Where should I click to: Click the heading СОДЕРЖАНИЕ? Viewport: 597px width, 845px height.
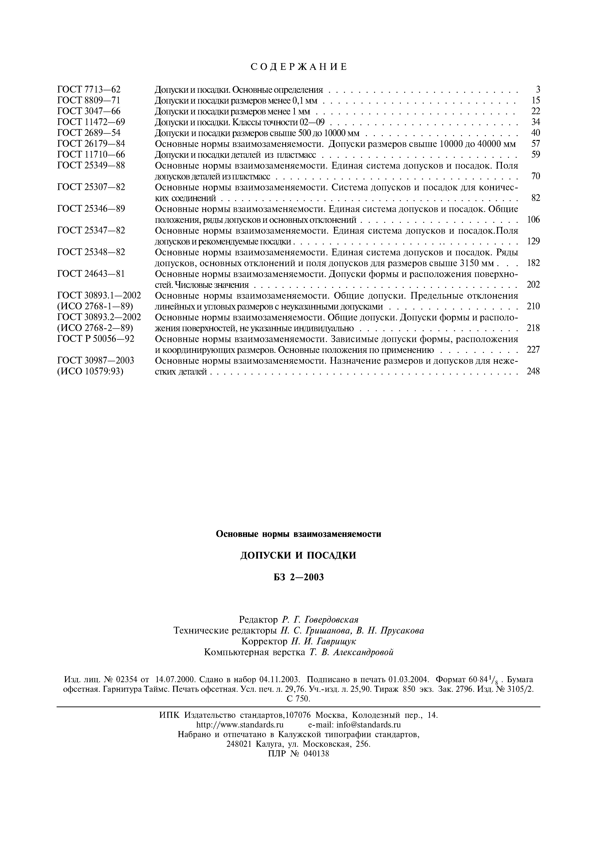(x=298, y=67)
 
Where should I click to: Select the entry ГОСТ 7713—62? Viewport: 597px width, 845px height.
(x=89, y=89)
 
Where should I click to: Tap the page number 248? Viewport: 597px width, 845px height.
(x=533, y=371)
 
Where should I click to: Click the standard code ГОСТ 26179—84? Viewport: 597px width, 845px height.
(x=91, y=144)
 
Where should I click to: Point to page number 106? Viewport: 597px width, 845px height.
(x=533, y=220)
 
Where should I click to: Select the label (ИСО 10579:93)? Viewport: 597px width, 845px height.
(x=91, y=371)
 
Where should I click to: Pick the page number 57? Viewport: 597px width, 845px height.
(x=536, y=144)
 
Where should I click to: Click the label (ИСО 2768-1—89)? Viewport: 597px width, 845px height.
(x=95, y=306)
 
